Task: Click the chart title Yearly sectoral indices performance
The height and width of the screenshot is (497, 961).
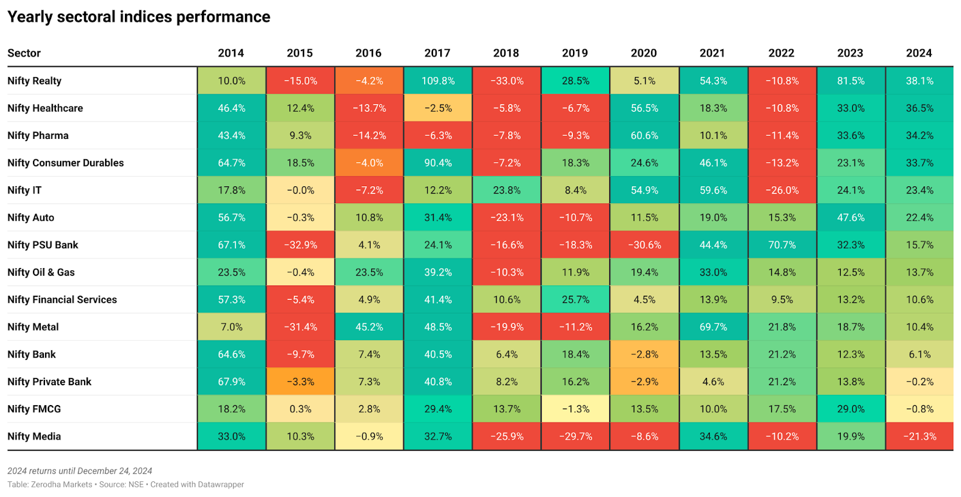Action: [x=139, y=17]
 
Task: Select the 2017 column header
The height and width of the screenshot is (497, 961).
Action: [x=437, y=53]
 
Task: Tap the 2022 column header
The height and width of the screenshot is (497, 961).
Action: [x=781, y=53]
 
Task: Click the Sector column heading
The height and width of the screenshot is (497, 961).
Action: [x=24, y=53]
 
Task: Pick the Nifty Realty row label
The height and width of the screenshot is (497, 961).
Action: [x=34, y=81]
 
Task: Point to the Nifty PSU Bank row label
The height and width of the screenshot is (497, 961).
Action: [x=43, y=245]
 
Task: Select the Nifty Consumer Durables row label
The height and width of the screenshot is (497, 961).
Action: [x=65, y=163]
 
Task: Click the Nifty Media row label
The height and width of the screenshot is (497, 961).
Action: [x=34, y=436]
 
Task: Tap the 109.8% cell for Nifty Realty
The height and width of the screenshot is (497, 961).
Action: [x=438, y=81]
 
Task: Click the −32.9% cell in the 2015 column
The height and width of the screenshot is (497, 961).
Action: [x=300, y=245]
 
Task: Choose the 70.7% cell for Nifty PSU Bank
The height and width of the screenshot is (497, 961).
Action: [x=782, y=245]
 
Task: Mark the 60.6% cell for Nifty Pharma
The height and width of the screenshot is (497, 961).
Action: [x=644, y=135]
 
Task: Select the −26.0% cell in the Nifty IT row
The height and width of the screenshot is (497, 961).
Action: [x=782, y=190]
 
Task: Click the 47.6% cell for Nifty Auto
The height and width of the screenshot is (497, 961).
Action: [x=850, y=218]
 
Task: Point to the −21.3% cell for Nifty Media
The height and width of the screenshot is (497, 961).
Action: [x=920, y=436]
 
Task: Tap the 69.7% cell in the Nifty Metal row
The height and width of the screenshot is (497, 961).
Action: [x=713, y=327]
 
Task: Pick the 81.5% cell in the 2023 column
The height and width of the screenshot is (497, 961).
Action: [x=850, y=81]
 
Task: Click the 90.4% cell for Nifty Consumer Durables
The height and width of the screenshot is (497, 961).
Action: [x=438, y=163]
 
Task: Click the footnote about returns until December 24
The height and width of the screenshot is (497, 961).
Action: [x=79, y=471]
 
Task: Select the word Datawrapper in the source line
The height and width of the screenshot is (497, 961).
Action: [x=220, y=484]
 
